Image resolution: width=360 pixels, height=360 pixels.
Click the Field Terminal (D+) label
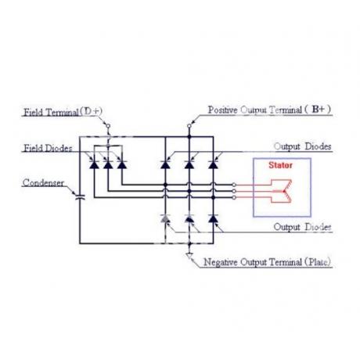coord(63,112)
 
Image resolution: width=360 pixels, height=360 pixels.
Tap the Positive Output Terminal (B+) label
coord(269,110)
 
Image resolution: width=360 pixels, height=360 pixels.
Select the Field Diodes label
coord(48,148)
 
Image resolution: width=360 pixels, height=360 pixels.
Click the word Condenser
coord(43,182)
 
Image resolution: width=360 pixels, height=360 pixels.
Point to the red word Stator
coord(281,165)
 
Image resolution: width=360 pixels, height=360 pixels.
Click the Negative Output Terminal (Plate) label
coord(267,262)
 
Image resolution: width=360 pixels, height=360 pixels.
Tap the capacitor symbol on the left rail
coord(80,197)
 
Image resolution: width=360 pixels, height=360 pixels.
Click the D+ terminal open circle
coord(108,126)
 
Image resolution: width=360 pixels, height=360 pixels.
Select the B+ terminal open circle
coord(189,126)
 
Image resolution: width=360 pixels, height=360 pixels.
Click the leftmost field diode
coord(94,164)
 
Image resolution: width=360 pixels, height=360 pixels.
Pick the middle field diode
coord(108,164)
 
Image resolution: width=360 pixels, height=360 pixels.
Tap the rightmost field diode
coord(122,164)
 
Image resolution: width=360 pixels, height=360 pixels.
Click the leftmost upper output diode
coord(165,164)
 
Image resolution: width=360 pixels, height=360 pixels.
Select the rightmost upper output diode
coord(213,164)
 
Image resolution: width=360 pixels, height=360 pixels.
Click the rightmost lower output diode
coord(213,218)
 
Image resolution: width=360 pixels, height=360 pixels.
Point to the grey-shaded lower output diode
coord(165,218)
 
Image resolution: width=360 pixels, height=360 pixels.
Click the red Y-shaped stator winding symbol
coord(282,191)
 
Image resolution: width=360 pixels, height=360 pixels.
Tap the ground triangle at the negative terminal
coord(189,256)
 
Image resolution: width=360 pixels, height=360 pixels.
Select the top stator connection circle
coord(234,185)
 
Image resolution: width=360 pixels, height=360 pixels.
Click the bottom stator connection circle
coord(234,198)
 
